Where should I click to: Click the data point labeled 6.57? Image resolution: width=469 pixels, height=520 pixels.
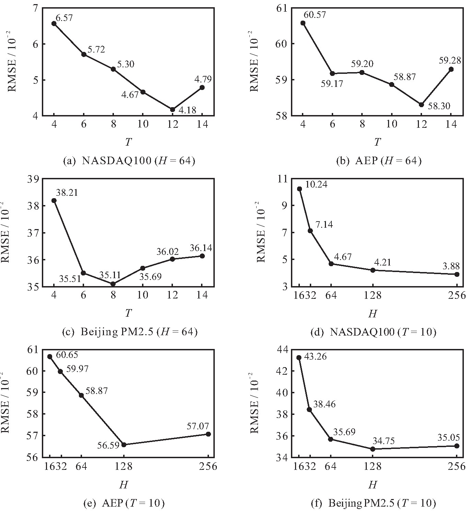coord(54,23)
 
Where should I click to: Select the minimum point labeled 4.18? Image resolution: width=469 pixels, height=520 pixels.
coord(173,110)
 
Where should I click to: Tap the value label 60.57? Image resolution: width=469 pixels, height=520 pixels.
coord(315,15)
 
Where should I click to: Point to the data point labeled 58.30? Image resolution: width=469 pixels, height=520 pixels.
coord(421,104)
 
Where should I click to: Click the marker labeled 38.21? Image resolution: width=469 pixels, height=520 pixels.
coord(54,201)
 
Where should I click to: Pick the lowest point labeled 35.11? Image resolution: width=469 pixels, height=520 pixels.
coord(113,284)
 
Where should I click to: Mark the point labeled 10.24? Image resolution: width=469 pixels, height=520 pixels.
coord(300,189)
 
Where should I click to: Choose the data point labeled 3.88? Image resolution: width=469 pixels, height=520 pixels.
coord(457,274)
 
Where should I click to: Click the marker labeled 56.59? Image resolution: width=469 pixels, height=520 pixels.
coord(124,445)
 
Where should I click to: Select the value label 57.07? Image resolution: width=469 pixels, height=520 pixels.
coord(198,426)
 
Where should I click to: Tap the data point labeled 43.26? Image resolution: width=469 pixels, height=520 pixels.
coord(299,358)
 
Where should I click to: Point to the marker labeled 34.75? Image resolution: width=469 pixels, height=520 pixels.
coord(373,449)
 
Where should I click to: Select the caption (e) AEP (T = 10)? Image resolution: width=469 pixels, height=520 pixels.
coord(124,504)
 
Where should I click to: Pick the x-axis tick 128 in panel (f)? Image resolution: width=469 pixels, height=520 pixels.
coord(373,466)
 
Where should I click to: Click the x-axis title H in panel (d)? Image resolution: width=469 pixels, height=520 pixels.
coord(373,313)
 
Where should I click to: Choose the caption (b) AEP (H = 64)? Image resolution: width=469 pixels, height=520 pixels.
coord(378,161)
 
